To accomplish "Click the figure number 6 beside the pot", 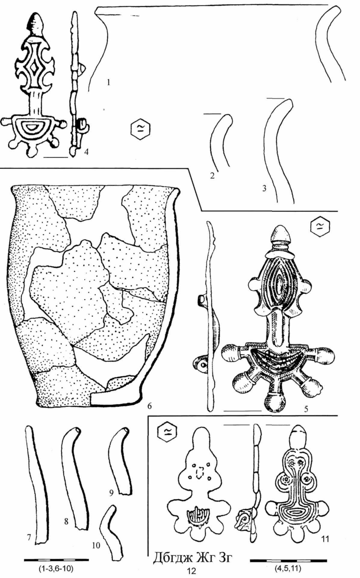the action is coord(149,406).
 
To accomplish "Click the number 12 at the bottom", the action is coord(191,570).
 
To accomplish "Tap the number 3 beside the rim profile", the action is coord(264,189).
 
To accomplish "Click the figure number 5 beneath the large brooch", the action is coord(306,409).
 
